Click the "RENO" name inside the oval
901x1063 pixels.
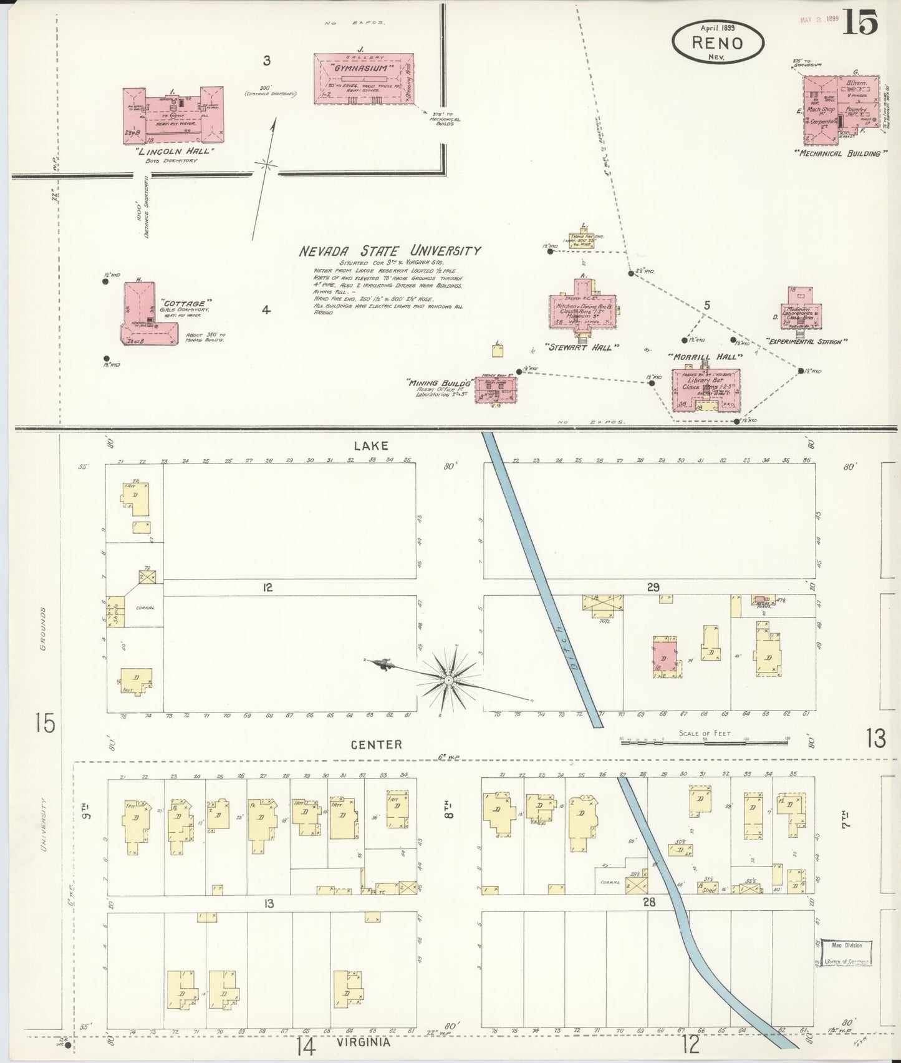click(717, 42)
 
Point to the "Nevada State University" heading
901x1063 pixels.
click(390, 251)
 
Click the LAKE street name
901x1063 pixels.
click(371, 445)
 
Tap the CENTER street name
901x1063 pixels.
click(376, 744)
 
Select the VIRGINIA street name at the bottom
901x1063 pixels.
click(363, 1042)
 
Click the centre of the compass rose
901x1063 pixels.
click(448, 679)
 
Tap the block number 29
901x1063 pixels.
click(653, 587)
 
